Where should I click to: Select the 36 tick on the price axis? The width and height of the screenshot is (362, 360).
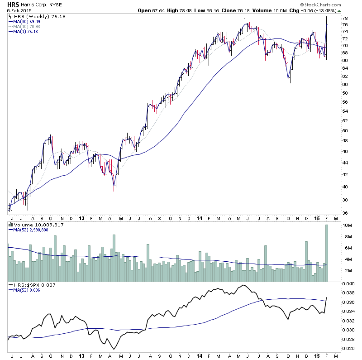[x=345, y=213]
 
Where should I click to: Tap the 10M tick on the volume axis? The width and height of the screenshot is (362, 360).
[x=346, y=225]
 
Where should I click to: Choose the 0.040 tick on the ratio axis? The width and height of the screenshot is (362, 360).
[x=348, y=284]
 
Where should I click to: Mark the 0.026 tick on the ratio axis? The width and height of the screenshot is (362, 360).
[x=348, y=348]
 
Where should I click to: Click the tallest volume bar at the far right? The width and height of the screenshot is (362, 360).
[x=326, y=254]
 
